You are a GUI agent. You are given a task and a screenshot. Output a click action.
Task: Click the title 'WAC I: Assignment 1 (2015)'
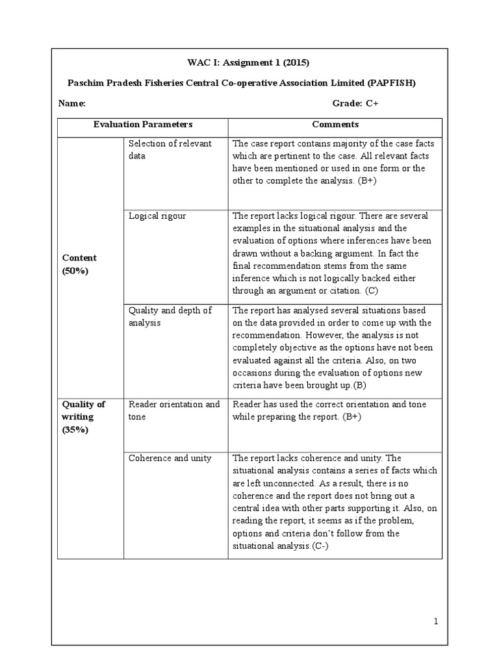(x=249, y=63)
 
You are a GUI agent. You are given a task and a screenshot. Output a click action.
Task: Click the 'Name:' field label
(x=71, y=103)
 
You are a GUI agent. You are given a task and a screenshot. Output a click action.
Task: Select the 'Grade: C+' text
(x=355, y=103)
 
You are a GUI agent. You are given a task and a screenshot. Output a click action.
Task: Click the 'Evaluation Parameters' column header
(x=143, y=124)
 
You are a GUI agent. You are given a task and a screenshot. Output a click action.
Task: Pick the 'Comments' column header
(x=335, y=124)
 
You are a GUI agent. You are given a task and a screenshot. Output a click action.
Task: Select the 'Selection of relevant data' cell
(x=170, y=149)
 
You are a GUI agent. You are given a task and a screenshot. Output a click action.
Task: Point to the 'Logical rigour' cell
(x=157, y=216)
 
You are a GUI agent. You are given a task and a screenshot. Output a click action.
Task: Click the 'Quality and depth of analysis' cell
(x=170, y=316)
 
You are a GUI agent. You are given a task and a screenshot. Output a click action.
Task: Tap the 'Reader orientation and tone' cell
(x=174, y=410)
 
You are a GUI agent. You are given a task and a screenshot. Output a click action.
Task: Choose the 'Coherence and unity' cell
(x=170, y=458)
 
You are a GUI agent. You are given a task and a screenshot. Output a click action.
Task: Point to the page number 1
(x=437, y=621)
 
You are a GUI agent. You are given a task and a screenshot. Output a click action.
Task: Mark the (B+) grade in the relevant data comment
(x=366, y=181)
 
